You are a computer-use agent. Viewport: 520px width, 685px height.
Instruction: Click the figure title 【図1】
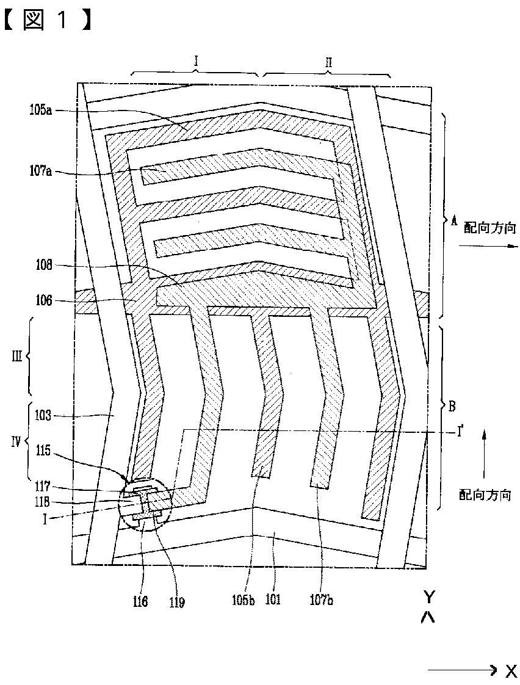49,20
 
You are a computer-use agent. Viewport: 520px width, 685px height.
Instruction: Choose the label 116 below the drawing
140,601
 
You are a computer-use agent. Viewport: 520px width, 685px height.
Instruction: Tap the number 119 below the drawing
176,601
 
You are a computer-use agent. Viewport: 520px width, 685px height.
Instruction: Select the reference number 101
272,600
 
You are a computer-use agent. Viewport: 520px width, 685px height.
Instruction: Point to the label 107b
322,600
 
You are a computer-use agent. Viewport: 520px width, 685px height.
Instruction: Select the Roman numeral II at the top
328,62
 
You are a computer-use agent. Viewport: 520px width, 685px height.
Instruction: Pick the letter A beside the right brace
453,223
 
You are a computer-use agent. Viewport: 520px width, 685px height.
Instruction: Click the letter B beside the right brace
452,405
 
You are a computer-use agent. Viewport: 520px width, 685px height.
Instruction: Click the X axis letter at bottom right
510,672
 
